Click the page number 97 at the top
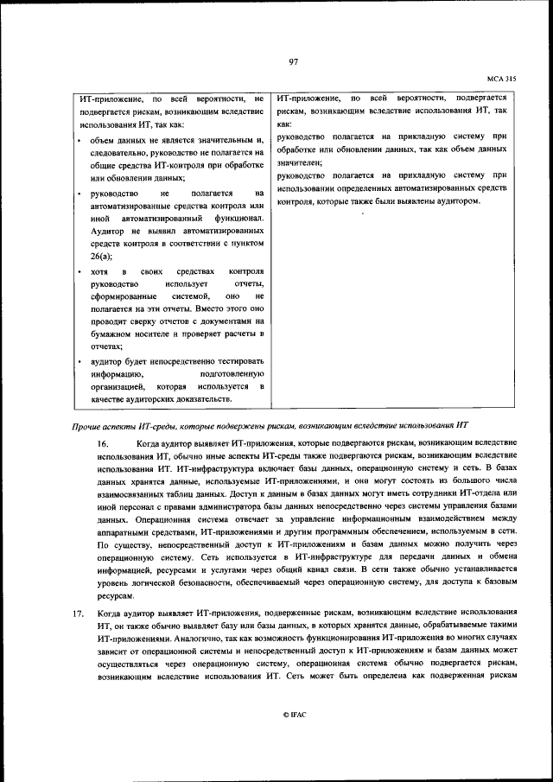(x=293, y=61)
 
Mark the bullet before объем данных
(x=80, y=140)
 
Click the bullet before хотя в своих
(x=80, y=271)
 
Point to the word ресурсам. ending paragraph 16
(x=116, y=596)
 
